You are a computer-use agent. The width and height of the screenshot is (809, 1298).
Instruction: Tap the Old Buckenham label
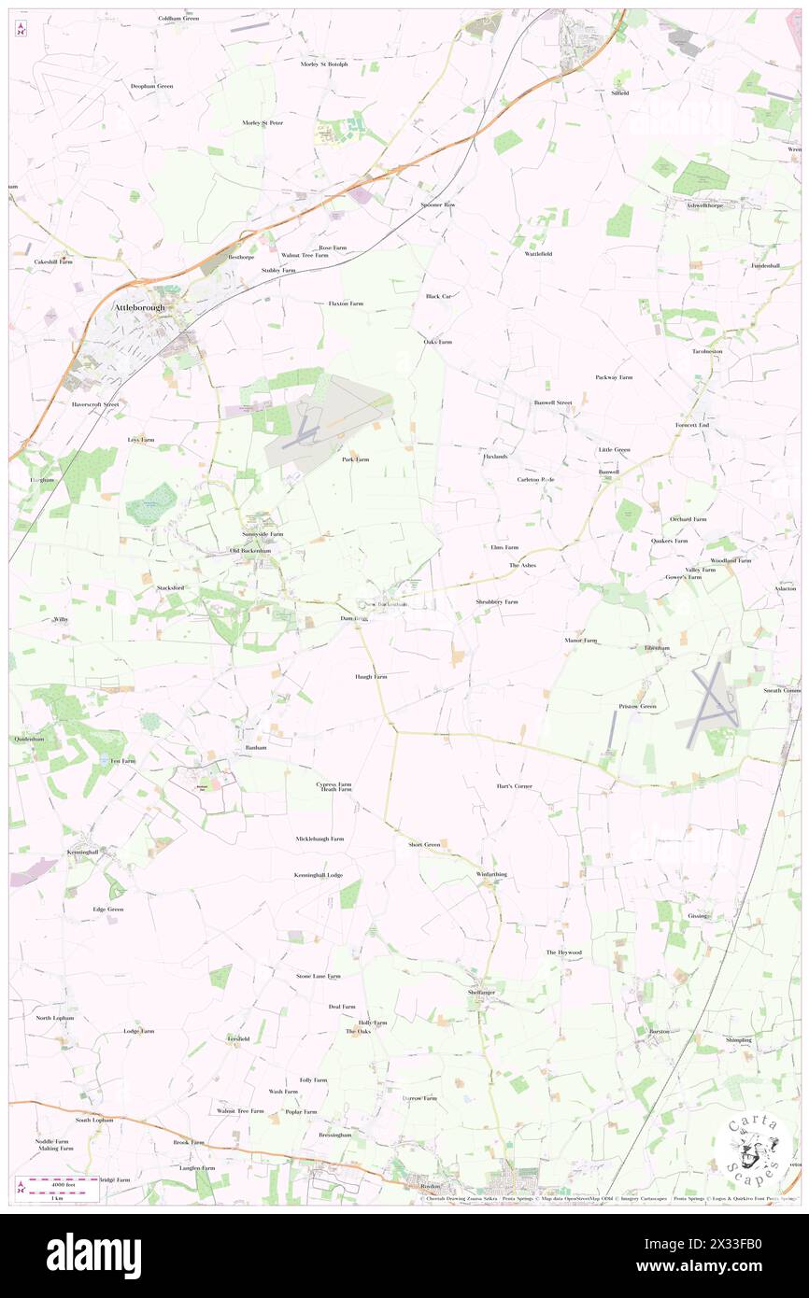coord(250,551)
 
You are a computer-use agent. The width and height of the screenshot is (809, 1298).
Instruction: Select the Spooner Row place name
coord(437,205)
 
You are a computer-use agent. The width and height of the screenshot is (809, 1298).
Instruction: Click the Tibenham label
coord(657,647)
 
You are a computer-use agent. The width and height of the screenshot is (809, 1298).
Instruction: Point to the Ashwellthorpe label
coord(706,205)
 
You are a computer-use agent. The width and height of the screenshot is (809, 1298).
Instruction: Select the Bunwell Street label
coord(552,402)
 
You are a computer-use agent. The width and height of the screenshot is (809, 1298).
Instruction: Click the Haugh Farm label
coord(371,676)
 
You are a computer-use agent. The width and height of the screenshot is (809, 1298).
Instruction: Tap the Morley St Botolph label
coord(324,64)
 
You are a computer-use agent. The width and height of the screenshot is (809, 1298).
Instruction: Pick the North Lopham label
coord(54,1018)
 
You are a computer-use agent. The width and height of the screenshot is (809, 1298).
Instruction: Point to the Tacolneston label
coord(707,351)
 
